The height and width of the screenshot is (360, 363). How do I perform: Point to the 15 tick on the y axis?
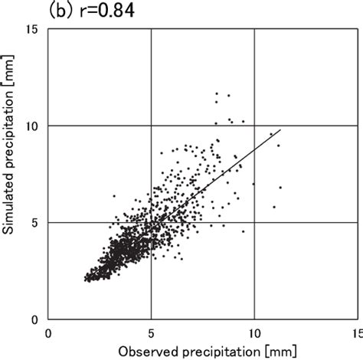pos(31,28)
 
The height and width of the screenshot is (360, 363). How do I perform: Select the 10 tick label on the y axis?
pos(31,125)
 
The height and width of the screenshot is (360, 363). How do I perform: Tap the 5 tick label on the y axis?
pos(35,222)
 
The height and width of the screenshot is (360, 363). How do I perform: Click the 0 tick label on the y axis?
pos(35,319)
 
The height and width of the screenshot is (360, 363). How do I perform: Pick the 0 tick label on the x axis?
pos(48,333)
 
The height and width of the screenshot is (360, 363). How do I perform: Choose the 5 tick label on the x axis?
pos(151,333)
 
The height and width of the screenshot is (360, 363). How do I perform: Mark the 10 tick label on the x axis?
pos(253,333)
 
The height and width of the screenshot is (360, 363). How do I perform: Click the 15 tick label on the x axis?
pos(355,333)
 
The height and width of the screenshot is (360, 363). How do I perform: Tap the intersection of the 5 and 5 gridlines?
pos(151,222)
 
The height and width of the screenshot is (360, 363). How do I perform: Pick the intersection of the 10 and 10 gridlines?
pos(253,125)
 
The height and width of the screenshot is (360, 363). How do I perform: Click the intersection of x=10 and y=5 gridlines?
pos(253,222)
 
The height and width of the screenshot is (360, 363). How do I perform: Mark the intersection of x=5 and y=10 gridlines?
pos(151,125)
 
